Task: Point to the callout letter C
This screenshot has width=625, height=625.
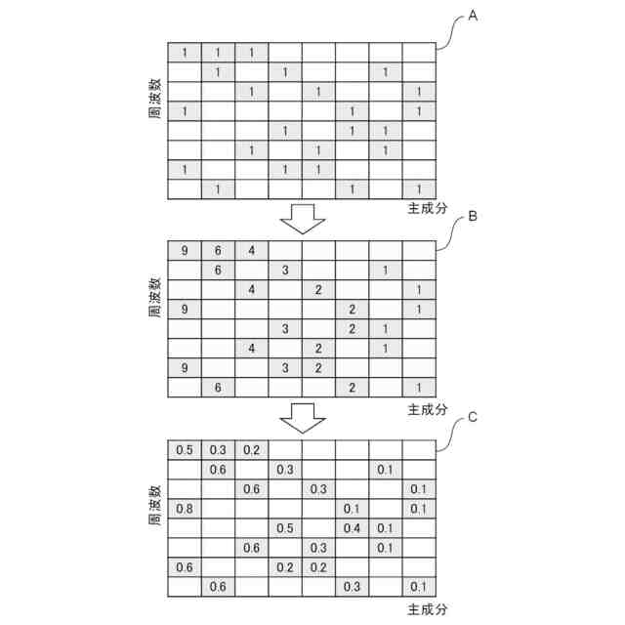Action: (x=472, y=417)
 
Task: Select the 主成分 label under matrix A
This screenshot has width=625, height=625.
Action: (x=427, y=210)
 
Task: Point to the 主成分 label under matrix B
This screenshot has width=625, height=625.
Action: (x=427, y=409)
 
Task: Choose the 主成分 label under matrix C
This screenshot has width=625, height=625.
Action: (x=427, y=608)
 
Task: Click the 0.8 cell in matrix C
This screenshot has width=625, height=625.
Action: (x=185, y=508)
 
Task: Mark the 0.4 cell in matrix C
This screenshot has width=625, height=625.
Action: (x=353, y=527)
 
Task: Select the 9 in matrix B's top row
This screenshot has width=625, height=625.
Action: (x=185, y=250)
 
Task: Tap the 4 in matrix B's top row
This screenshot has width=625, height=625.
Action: (x=251, y=250)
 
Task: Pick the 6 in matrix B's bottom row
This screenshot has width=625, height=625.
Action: (x=218, y=388)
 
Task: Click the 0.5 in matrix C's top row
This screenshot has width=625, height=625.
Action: (x=185, y=450)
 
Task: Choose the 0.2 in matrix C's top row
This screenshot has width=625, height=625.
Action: (x=251, y=450)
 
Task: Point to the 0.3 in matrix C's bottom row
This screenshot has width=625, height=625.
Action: (x=353, y=586)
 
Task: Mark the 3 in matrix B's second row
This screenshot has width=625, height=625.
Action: (x=285, y=270)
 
